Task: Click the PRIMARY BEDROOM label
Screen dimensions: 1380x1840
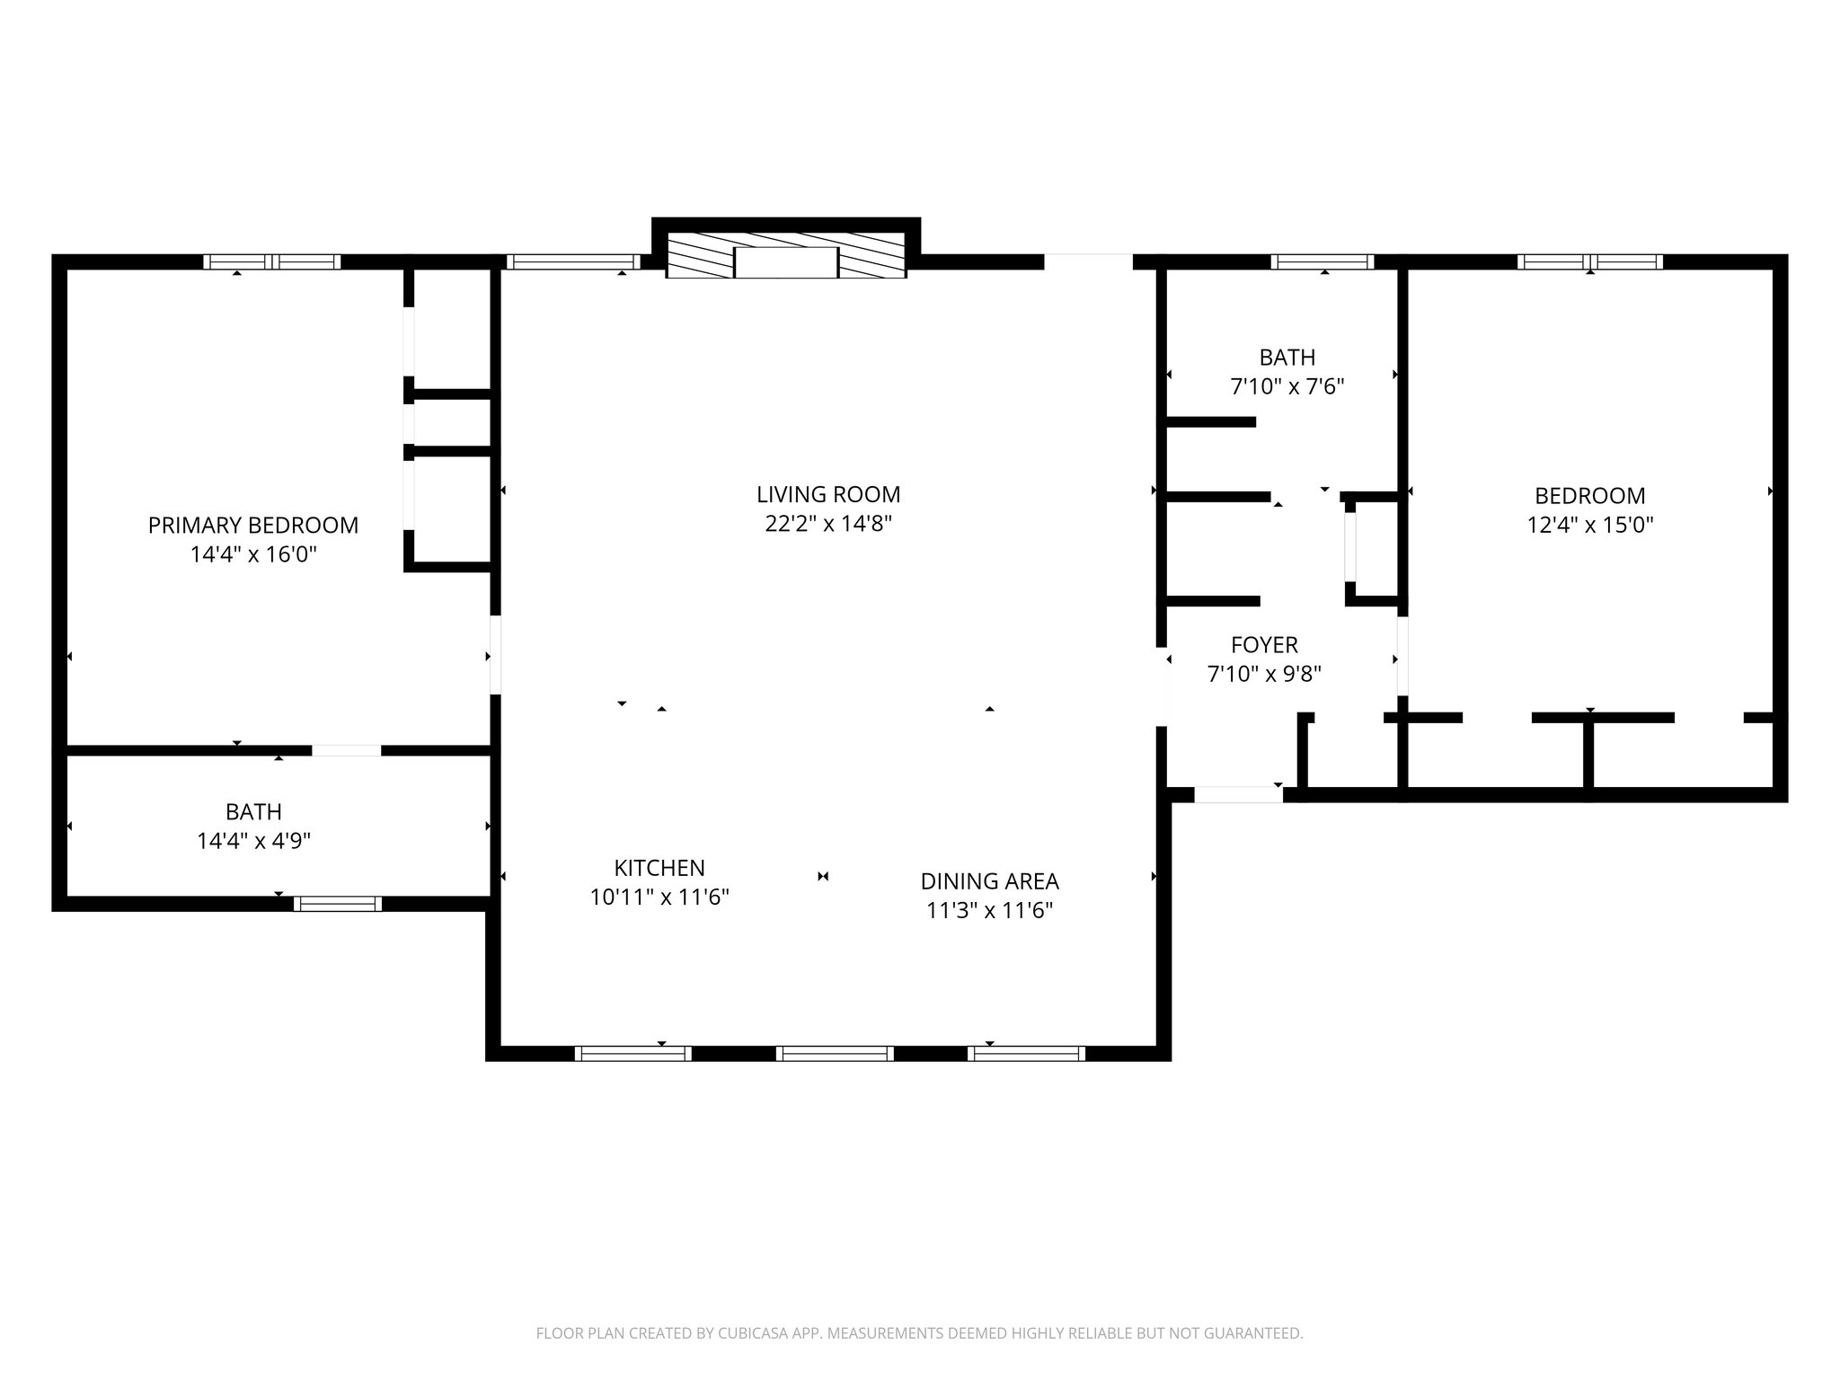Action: tap(253, 525)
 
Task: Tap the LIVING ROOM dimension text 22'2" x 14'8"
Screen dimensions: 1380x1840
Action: tap(827, 524)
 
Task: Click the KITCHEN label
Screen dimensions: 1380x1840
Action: tap(659, 868)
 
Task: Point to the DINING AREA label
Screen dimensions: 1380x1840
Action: tap(989, 881)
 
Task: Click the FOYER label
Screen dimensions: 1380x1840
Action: tap(1264, 645)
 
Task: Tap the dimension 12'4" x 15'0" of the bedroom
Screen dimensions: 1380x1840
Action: tap(1589, 525)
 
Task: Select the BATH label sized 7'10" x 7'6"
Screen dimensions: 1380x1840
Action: tap(1287, 358)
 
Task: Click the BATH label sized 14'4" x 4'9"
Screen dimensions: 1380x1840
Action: tap(253, 812)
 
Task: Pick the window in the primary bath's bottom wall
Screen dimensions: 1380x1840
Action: tap(338, 904)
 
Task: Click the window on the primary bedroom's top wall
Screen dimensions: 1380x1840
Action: tap(271, 262)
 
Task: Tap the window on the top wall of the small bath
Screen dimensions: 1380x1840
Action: tap(1322, 262)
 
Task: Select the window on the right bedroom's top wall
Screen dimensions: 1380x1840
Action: tap(1589, 262)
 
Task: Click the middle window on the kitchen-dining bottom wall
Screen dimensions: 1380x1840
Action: tap(835, 1054)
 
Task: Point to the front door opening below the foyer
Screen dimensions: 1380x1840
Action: tap(1238, 794)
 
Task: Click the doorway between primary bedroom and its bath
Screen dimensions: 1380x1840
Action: tap(347, 750)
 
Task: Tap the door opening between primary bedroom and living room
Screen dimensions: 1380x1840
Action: tap(495, 654)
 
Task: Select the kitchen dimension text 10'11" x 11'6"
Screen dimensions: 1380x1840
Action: tap(659, 897)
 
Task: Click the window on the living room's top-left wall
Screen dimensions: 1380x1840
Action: tap(571, 262)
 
